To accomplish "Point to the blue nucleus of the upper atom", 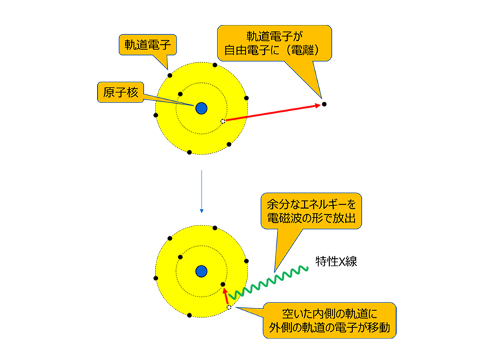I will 201,108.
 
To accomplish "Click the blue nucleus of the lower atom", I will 201,270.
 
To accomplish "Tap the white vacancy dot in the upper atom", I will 223,121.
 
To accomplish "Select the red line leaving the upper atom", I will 235,118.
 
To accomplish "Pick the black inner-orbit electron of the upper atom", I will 180,94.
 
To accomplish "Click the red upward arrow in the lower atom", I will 225,296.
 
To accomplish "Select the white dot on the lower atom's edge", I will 229,307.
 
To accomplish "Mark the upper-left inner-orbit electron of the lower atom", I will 179,256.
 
